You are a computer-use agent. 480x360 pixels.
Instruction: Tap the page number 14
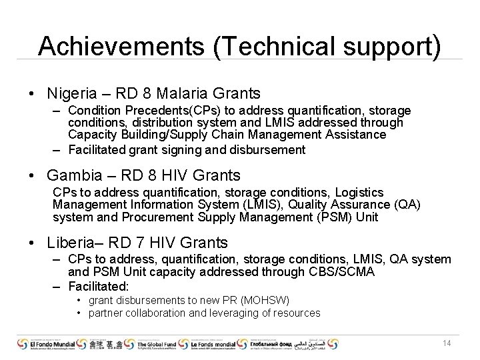coord(447,343)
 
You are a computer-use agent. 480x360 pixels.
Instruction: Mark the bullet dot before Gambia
coord(33,176)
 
